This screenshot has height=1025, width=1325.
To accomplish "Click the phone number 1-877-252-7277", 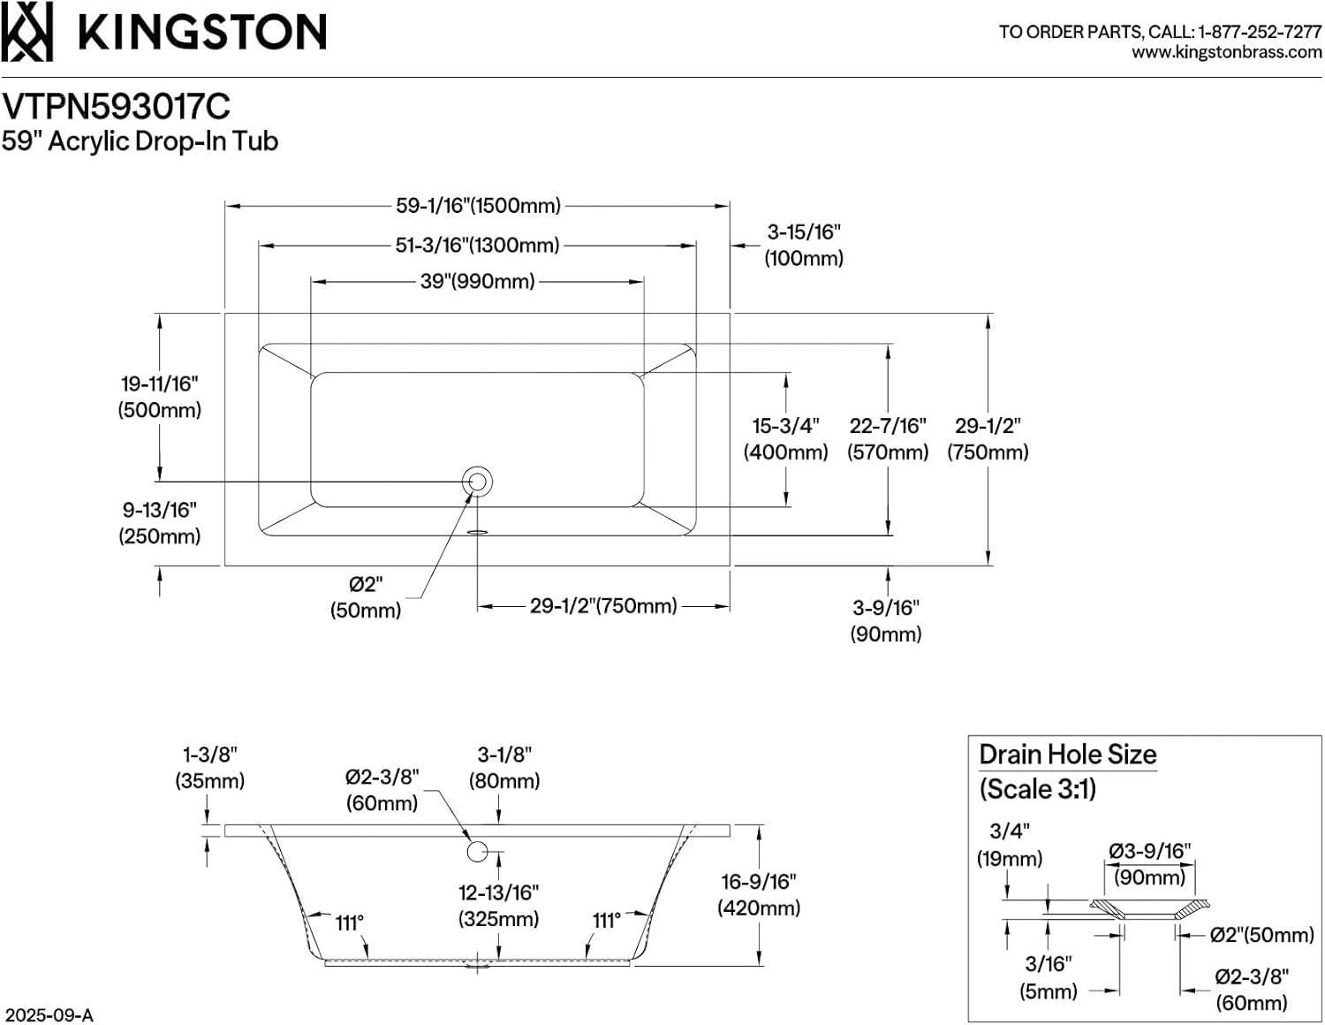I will tap(1259, 32).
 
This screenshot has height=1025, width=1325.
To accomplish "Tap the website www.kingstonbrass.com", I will tap(1226, 52).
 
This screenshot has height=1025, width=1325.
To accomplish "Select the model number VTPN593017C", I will tap(116, 107).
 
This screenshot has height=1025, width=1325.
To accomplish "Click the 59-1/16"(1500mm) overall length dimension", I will tap(478, 206).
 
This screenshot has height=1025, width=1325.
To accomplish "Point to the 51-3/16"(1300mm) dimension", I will tap(477, 245).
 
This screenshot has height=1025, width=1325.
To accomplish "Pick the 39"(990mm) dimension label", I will tap(477, 282).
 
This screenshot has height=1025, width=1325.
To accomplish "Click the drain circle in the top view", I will tap(477, 482).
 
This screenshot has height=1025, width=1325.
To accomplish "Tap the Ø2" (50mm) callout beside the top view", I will tap(366, 597).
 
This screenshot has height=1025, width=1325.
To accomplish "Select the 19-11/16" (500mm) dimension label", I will tap(160, 397).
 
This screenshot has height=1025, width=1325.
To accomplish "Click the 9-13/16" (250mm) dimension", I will tap(160, 523).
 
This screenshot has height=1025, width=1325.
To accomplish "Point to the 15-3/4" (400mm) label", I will tap(785, 439).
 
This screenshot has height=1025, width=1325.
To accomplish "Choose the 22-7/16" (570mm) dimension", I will tap(888, 439).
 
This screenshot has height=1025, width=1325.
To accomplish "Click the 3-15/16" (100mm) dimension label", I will tap(804, 245).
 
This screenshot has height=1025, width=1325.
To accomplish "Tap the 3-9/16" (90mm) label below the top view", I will tap(886, 620).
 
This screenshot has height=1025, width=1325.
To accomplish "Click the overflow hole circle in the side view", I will tap(477, 851).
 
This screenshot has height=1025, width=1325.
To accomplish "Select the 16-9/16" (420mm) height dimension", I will tap(759, 894).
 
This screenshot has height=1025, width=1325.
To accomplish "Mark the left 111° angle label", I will tap(350, 922).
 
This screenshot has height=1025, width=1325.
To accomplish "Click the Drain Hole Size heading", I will tap(1067, 755).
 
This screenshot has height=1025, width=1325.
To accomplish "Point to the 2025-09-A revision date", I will tap(48, 1014).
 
